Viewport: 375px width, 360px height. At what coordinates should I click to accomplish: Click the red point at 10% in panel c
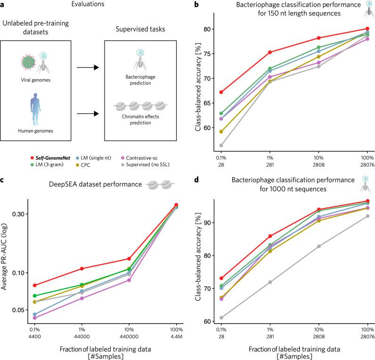(x=129, y=259)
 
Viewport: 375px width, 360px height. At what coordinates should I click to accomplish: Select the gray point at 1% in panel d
(x=270, y=282)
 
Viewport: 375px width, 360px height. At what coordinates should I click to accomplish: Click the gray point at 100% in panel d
(x=367, y=216)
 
